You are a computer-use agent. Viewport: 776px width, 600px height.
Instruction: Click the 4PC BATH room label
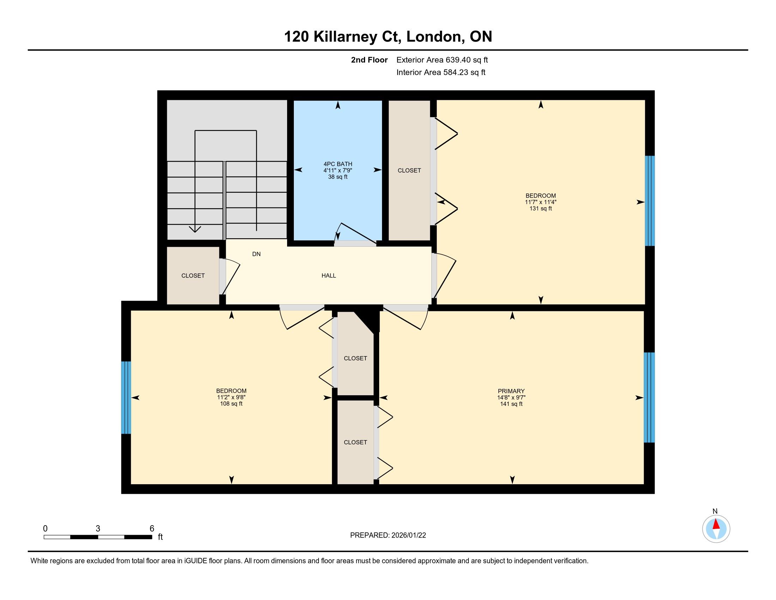pos(338,164)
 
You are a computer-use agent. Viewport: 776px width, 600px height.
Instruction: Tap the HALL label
pos(329,276)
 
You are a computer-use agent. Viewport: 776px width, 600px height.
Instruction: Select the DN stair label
pos(256,254)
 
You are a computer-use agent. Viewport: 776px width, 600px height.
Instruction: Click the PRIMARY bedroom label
pos(511,391)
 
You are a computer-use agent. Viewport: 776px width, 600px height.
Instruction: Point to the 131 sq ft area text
pos(541,209)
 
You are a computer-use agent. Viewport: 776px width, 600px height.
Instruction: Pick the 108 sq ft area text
pos(231,404)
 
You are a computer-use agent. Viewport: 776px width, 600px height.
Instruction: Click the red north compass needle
pos(716,524)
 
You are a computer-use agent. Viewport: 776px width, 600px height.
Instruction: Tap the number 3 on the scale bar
pos(98,529)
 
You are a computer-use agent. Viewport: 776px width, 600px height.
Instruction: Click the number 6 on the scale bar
pos(152,529)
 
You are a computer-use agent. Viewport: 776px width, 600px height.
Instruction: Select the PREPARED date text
pos(388,535)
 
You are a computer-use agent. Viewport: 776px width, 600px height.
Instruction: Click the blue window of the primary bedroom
pos(649,397)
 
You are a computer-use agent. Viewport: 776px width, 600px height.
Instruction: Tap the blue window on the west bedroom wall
pos(126,398)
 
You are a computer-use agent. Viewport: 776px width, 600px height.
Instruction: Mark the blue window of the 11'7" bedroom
pos(650,201)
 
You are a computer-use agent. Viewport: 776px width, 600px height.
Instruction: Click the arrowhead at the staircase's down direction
pos(195,229)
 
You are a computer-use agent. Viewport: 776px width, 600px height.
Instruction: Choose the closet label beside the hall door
pos(193,276)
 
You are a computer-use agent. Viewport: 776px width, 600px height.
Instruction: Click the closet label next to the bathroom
pos(409,170)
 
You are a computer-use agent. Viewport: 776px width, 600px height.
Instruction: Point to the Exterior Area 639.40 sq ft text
pos(442,60)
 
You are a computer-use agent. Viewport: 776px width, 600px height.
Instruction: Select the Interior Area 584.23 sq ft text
pos(441,72)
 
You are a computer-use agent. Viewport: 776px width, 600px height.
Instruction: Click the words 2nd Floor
pos(369,60)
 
